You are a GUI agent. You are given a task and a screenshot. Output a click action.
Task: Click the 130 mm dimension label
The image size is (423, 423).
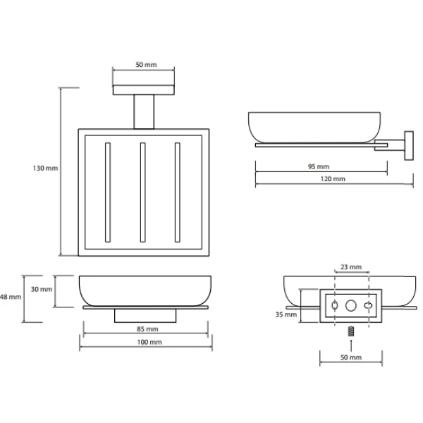coord(45,168)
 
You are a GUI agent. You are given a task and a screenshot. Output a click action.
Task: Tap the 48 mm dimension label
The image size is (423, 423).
coord(11,297)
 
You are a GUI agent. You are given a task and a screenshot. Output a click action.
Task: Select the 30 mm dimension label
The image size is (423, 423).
coord(42,289)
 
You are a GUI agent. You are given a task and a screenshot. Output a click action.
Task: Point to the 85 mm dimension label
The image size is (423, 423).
coord(147,329)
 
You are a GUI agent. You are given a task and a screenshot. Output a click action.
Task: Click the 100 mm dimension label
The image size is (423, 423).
coord(149,342)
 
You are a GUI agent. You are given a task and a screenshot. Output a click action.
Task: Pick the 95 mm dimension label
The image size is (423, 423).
coord(319,166)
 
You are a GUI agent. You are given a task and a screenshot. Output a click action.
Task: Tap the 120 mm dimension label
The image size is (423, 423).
coord(333,179)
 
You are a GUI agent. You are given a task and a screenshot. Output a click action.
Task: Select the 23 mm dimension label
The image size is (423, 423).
coord(351,267)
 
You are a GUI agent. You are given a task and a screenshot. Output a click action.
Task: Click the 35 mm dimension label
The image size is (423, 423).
coord(286,314)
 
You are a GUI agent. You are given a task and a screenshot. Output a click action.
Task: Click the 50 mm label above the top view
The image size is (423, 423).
coord(146,65)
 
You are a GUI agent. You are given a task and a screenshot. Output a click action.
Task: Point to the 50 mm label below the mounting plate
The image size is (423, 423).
coord(351,357)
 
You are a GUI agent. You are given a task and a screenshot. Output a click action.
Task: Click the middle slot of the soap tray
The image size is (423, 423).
coord(142,192)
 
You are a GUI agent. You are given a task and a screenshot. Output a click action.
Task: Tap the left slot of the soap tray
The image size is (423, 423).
coord(108,192)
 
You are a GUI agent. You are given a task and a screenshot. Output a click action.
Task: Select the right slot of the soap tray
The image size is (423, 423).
coord(177,192)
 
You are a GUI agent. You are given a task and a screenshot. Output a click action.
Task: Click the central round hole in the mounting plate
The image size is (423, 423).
coord(350,306)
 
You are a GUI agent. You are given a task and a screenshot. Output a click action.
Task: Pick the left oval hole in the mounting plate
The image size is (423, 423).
coord(334,306)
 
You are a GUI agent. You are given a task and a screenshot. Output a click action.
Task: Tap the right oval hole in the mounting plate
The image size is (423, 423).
coord(368,306)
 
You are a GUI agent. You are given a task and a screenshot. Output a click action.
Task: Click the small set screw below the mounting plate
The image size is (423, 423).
coord(351,331)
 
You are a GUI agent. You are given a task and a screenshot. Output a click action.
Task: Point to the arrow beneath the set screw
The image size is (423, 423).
coord(351,345)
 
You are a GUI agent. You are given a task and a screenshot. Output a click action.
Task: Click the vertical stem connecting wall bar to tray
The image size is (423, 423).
coord(144,111)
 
